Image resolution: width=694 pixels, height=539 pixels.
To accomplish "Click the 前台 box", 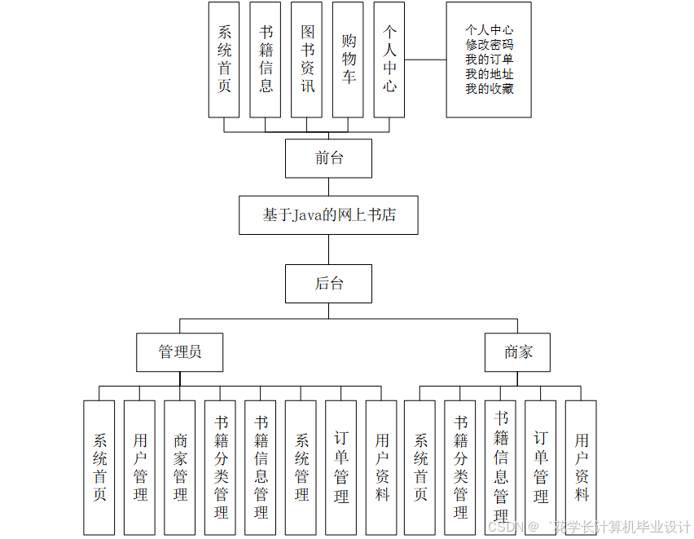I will coord(328,158).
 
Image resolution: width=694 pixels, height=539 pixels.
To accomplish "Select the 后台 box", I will coord(328,284).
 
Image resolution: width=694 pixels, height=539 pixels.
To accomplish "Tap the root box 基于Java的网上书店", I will coord(328,215).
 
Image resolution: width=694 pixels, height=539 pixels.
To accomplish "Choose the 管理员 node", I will coord(179,352).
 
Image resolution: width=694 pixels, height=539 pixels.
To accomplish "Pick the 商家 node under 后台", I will coord(518,352).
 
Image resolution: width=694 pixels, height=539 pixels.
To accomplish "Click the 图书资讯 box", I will coord(307,60).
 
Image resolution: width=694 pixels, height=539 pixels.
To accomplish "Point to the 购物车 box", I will coord(349,60).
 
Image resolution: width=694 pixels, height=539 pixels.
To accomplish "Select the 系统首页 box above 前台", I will coord(224,60).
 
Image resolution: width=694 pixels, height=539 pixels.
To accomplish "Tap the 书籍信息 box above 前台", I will coord(266,60).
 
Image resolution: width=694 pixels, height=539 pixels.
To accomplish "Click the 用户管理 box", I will coord(139,467).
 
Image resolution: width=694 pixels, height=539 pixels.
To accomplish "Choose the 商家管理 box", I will coord(180,467).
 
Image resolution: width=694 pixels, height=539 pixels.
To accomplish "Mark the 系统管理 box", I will coord(301,467).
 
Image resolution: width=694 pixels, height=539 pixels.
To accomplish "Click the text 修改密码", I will coord(489,45).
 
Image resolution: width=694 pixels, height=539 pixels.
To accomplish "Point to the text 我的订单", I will coord(489,60).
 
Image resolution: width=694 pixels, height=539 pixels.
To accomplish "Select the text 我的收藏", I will coord(489,89).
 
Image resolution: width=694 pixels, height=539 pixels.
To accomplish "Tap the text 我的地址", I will coord(489,74).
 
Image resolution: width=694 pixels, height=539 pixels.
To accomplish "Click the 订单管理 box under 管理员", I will coord(340,467).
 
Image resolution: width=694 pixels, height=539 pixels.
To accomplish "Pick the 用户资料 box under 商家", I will coord(581,467).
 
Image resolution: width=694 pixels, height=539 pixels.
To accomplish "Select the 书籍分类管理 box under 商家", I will coord(460,467).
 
